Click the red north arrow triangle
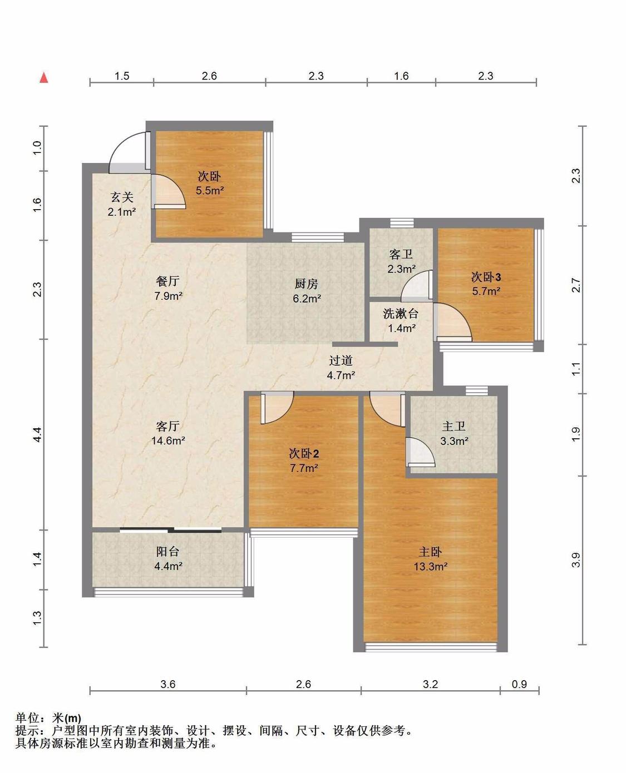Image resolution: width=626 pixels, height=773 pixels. tap(44, 78)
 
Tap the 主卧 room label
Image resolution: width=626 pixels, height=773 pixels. tap(430, 552)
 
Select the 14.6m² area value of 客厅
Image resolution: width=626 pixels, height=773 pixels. tap(168, 440)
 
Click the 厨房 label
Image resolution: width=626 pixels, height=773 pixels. tap(307, 284)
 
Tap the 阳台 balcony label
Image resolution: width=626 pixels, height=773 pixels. tap(167, 552)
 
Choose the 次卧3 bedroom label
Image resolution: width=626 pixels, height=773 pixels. tap(486, 277)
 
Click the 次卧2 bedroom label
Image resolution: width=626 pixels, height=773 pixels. tap(304, 453)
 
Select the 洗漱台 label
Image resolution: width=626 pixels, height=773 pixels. tap(401, 314)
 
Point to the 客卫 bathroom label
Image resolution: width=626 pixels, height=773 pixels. tap(401, 254)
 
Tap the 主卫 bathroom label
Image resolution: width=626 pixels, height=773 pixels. tap(454, 426)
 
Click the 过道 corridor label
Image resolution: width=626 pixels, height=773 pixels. tap(341, 360)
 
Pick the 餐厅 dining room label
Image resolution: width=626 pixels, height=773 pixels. tap(167, 281)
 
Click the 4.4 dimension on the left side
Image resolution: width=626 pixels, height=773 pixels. tap(38, 434)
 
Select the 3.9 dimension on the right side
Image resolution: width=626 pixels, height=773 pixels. tap(576, 560)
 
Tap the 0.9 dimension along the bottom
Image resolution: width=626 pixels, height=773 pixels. tap(519, 684)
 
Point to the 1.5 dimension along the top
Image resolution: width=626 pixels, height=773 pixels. tap(122, 76)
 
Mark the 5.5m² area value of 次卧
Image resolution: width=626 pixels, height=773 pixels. tap(210, 190)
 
